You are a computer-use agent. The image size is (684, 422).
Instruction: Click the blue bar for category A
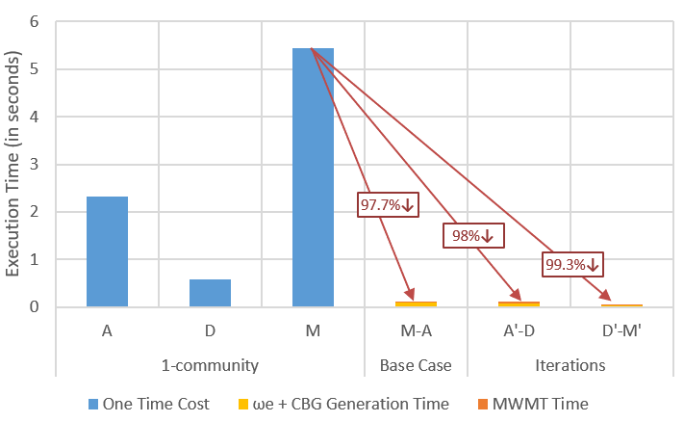107,251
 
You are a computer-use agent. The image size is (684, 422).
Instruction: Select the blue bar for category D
210,293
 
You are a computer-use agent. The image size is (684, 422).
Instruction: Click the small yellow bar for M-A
416,303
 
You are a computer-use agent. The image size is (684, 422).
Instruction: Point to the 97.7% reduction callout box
387,204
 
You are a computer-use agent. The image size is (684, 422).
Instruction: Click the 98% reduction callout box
471,235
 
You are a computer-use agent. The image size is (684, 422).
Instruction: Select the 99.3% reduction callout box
571,263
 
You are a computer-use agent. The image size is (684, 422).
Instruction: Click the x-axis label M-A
416,331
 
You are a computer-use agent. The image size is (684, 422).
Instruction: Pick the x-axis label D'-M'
621,331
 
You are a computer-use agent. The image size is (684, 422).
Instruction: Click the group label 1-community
210,365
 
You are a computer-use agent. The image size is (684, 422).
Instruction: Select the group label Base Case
416,365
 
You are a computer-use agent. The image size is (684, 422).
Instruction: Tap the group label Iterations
570,365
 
